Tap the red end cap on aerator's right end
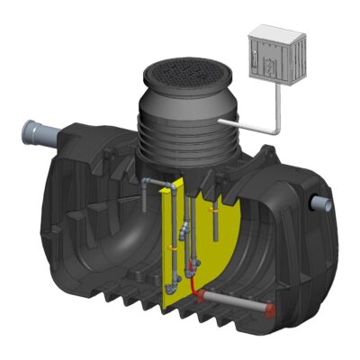[x=271, y=307]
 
